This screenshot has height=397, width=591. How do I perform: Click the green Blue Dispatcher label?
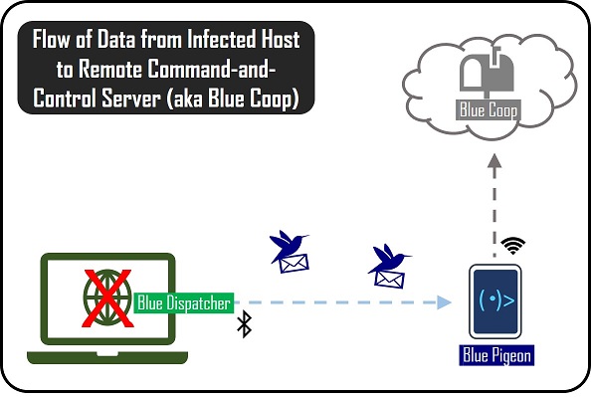pos(184,302)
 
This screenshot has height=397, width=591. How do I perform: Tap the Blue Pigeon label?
pos(496,355)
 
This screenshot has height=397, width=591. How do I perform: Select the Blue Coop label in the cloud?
pos(489,110)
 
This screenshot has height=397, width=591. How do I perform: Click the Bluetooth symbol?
pos(244,323)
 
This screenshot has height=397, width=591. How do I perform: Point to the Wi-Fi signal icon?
pos(513,246)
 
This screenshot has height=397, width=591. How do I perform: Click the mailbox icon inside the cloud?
pos(487,74)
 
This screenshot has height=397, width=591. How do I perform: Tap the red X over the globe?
pos(107,298)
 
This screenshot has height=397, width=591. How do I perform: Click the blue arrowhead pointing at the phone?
pos(444,302)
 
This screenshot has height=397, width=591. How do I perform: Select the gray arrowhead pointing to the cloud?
pos(494,160)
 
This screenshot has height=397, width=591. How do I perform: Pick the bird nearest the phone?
pos(387,259)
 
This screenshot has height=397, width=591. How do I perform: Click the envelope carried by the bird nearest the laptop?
pos(294,263)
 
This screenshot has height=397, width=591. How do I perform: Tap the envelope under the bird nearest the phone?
pos(389,280)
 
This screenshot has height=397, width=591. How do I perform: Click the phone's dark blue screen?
pos(495,301)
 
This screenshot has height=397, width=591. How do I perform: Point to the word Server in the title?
pos(131,99)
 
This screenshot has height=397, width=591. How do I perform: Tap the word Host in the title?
pos(279,39)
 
